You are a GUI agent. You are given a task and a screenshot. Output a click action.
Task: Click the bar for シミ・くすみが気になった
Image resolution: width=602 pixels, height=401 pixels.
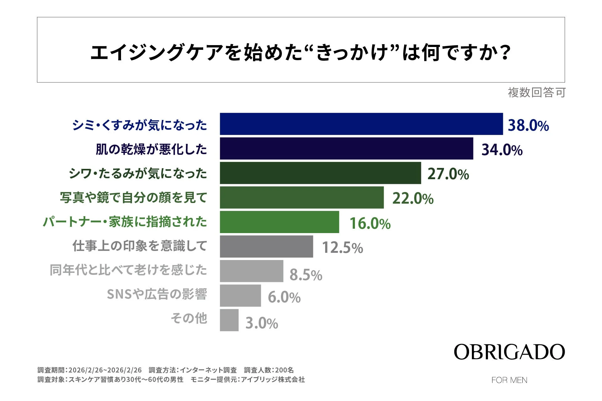tap(361, 124)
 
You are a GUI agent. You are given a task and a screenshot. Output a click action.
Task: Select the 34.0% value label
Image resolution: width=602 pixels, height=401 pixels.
tap(502, 150)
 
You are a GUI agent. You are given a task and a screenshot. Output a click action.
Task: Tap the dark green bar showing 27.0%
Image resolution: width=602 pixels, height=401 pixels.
tap(320, 173)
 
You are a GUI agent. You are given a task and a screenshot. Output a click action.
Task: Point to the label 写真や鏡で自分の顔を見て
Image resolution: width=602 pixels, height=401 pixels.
tap(134, 198)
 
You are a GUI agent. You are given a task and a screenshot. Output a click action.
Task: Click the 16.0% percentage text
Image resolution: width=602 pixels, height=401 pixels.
tap(370, 223)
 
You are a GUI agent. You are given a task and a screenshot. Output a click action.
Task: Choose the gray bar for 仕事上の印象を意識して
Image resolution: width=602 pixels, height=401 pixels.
tap(266, 247)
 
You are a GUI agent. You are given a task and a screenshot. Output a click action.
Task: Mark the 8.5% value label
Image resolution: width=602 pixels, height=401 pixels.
tap(306, 275)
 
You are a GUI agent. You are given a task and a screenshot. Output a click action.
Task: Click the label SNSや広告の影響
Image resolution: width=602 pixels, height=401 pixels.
tap(157, 294)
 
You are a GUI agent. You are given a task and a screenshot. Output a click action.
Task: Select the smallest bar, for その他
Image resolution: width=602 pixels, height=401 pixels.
tap(229, 320)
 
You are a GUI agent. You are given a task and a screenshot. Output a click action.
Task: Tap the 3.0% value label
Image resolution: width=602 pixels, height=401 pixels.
tap(261, 323)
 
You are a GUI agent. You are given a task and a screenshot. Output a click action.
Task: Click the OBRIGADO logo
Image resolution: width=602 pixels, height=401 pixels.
tap(509, 352)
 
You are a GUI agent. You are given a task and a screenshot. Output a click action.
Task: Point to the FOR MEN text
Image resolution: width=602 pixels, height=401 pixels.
tap(509, 380)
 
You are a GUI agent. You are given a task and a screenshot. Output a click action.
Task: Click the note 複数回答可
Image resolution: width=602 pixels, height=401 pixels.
tap(536, 93)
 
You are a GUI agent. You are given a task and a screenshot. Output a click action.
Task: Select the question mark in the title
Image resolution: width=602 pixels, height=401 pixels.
tap(505, 53)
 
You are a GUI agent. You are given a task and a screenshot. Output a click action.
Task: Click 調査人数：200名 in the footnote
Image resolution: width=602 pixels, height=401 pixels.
tap(269, 370)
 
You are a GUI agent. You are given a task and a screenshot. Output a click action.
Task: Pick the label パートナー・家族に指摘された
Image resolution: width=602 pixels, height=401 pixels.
tap(125, 222)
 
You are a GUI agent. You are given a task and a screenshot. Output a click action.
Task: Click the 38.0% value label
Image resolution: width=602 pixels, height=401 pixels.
tap(528, 125)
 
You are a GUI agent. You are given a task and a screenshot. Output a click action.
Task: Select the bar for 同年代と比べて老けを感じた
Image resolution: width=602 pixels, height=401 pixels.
tap(251, 271)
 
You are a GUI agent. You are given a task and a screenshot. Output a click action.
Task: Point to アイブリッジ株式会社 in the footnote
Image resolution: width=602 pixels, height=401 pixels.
tap(272, 379)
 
